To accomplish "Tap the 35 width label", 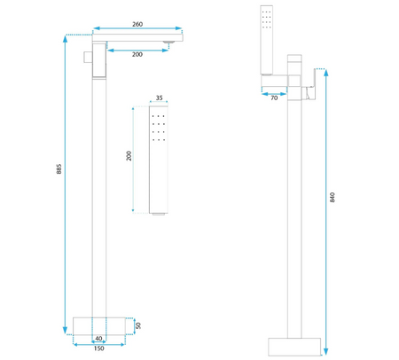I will [x=160, y=99].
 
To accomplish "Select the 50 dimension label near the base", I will [x=138, y=326].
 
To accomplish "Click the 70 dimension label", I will [x=273, y=99].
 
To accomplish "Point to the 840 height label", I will [x=332, y=200].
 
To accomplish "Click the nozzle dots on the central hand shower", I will [x=159, y=128].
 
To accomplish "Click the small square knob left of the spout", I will [x=86, y=58].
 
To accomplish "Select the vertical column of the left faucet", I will [x=99, y=195].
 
